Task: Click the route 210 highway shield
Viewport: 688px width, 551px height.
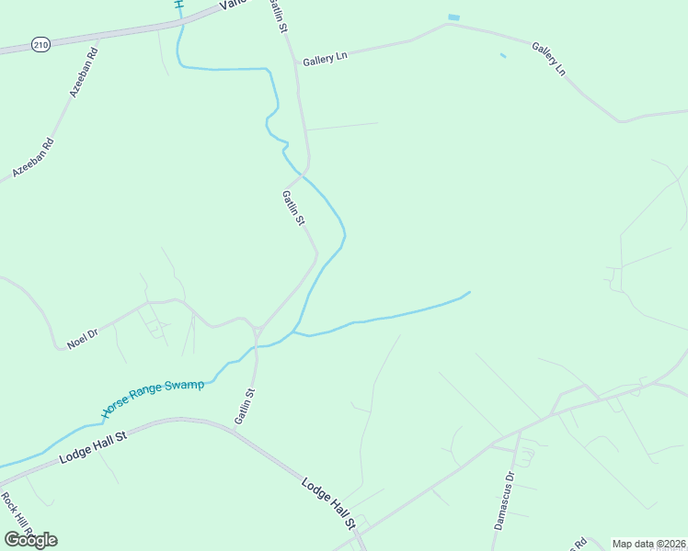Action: pos(40,43)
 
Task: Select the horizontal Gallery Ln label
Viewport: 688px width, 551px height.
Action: pos(326,58)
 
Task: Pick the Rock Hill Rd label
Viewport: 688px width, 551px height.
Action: pos(17,515)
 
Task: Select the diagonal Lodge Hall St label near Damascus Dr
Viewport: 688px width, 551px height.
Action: pos(328,501)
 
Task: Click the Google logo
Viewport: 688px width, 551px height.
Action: pos(30,539)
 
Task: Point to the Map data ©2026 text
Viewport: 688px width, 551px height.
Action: pos(648,544)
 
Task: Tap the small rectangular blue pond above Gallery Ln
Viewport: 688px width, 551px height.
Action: pos(453,17)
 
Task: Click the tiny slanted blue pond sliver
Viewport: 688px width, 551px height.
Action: pos(502,56)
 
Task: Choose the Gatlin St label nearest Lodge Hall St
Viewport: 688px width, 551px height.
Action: pos(244,405)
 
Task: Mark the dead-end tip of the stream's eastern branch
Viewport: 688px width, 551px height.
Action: pos(470,292)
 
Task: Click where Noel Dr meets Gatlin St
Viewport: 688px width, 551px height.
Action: pos(257,329)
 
